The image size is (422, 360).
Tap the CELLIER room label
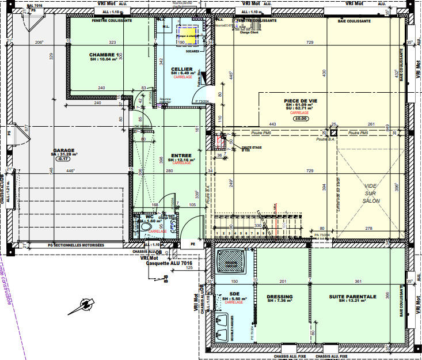pyautogui.click(x=181, y=69)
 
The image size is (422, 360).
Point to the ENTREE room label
pyautogui.click(x=181, y=156)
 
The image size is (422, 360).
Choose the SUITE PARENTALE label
pyautogui.click(x=352, y=297)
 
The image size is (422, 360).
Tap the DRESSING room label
pyautogui.click(x=280, y=297)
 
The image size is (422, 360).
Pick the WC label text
pyautogui.click(x=150, y=217)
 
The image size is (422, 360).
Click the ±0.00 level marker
pyautogui.click(x=301, y=119)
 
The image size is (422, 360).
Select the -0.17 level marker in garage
pyautogui.click(x=63, y=158)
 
